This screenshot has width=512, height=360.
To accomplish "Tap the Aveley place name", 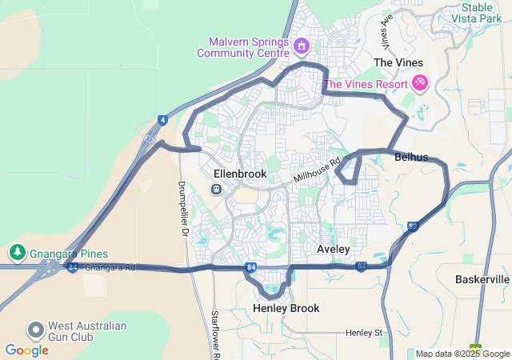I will click(x=334, y=249).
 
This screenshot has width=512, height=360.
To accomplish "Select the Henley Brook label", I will click(x=286, y=308).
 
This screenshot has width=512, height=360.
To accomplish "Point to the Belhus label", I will click(x=411, y=158).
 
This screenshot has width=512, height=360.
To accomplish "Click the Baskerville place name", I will click(x=482, y=279).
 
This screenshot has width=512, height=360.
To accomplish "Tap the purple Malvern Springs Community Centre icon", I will click(x=301, y=46).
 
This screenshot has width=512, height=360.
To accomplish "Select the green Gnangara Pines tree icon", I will click(x=17, y=253).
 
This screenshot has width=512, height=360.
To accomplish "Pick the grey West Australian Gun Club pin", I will click(x=35, y=330).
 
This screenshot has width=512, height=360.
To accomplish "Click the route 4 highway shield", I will click(x=162, y=120).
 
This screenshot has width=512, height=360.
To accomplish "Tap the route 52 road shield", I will click(x=413, y=226).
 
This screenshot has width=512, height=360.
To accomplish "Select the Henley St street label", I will click(x=365, y=332).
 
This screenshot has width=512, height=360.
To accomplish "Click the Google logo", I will click(x=26, y=350).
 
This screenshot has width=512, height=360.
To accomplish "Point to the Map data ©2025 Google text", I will click(x=462, y=354).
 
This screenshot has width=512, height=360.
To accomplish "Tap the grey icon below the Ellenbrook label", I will click(x=216, y=189).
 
